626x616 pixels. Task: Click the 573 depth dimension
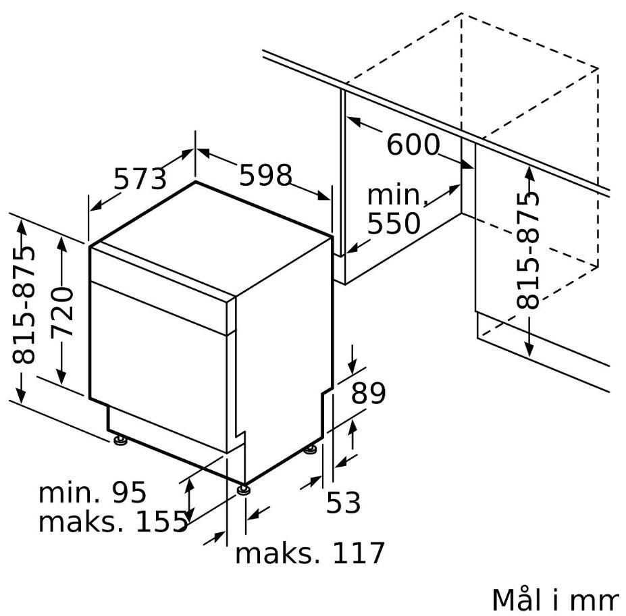point(140,179)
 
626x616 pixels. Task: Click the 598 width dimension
point(266,175)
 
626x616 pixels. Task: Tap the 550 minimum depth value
point(394,223)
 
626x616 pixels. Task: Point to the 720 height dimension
point(62,311)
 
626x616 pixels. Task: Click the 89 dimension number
point(368,393)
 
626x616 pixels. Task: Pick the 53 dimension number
point(343,503)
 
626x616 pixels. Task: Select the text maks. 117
point(310,553)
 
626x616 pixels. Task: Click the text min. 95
point(93,492)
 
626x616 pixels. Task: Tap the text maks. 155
point(113,521)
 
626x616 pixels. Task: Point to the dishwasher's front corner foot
point(243,490)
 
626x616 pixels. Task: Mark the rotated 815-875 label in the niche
point(527,250)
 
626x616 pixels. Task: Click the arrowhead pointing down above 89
point(352,367)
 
